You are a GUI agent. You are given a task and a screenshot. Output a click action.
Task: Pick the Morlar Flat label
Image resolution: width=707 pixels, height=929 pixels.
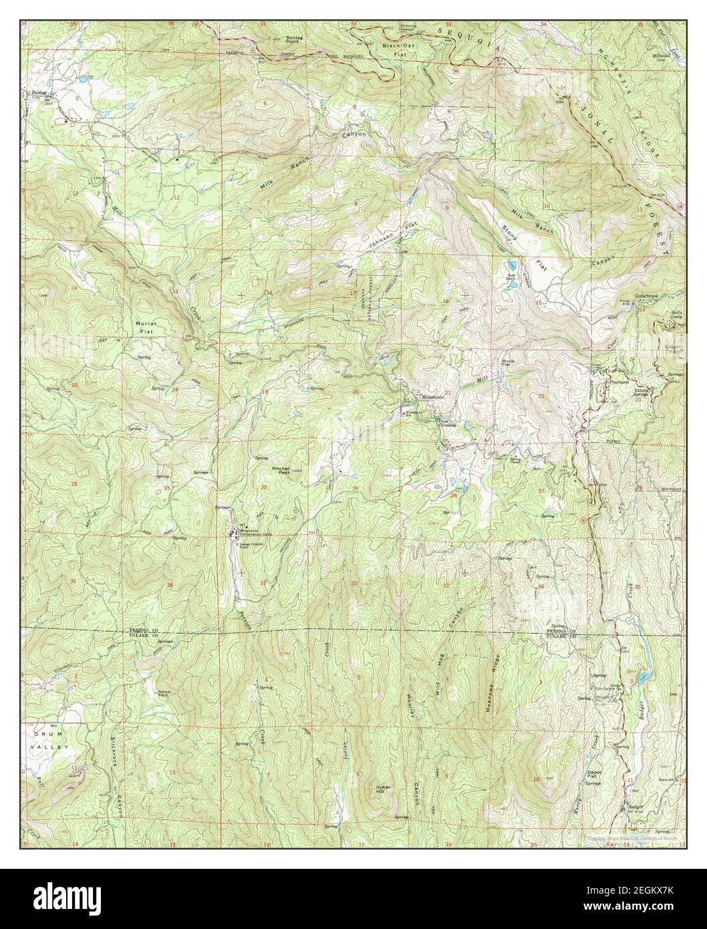(x=145, y=327)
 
